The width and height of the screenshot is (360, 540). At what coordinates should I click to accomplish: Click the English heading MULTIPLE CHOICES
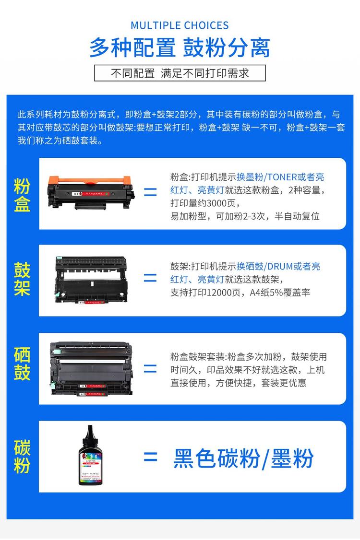pyautogui.click(x=180, y=25)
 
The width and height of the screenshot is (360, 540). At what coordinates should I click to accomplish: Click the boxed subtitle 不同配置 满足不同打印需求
pyautogui.click(x=180, y=73)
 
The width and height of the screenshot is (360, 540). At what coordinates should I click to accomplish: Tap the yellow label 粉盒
pyautogui.click(x=22, y=195)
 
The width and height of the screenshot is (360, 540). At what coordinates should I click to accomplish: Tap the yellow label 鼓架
pyautogui.click(x=22, y=279)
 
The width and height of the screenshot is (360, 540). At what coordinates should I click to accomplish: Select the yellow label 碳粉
pyautogui.click(x=22, y=456)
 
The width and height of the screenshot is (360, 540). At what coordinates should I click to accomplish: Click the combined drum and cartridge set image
pyautogui.click(x=91, y=368)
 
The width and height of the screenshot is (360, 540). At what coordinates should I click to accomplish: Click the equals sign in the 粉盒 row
pyautogui.click(x=150, y=193)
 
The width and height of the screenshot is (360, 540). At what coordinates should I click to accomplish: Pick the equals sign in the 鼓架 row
pyautogui.click(x=150, y=278)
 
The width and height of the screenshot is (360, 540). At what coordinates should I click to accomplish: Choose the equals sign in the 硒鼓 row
pyautogui.click(x=150, y=368)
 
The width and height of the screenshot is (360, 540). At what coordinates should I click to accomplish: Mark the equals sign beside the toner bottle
pyautogui.click(x=150, y=457)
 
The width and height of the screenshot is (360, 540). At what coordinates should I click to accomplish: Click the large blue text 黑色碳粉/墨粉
pyautogui.click(x=243, y=458)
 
